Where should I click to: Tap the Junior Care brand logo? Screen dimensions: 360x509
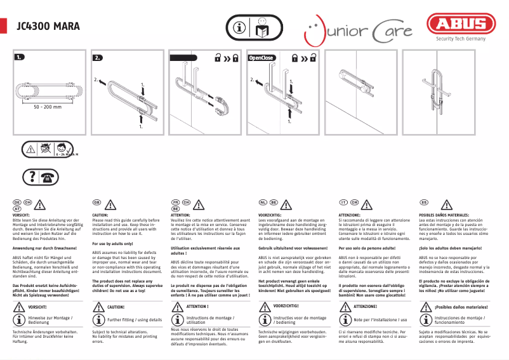pyautogui.click(x=359, y=30)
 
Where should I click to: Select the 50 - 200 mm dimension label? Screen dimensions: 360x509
pyautogui.click(x=48, y=107)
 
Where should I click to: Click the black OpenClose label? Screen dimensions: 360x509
pyautogui.click(x=261, y=58)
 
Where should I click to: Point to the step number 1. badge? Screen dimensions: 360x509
pyautogui.click(x=20, y=58)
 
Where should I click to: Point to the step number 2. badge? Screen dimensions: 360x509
pyautogui.click(x=98, y=58)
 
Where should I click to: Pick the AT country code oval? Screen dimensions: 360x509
pyautogui.click(x=18, y=208)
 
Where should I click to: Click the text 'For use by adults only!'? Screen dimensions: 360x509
pyautogui.click(x=113, y=244)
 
